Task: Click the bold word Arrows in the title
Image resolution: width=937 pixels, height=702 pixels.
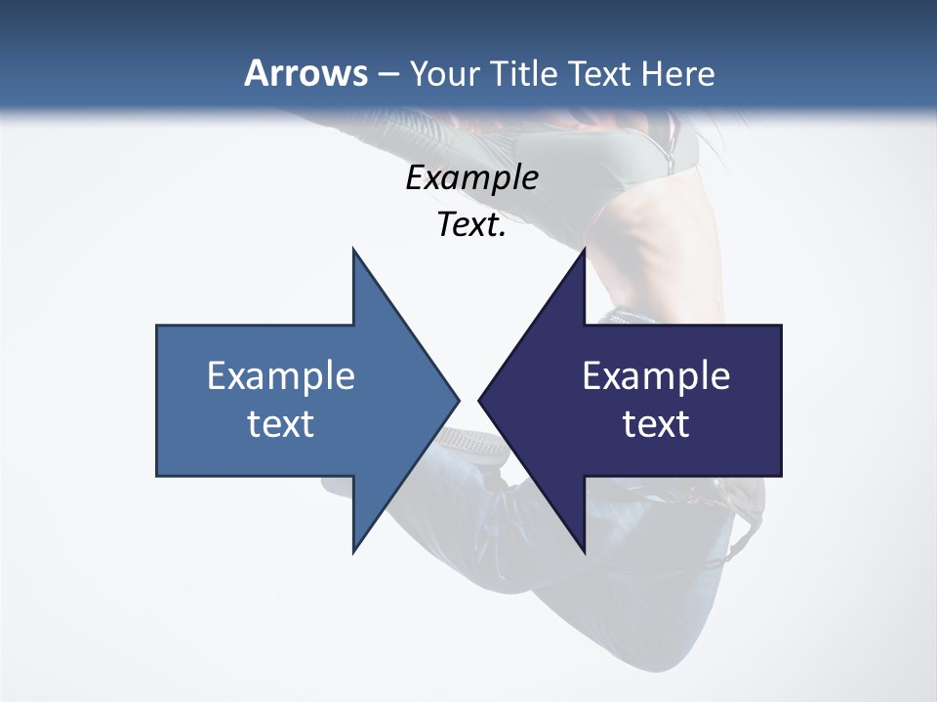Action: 306,73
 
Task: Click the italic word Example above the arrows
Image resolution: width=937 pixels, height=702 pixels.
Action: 471,177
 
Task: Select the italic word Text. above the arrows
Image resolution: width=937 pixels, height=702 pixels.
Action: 471,224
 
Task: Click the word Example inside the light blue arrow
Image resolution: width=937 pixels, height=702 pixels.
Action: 281,375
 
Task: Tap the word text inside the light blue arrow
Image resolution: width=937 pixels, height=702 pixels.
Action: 281,423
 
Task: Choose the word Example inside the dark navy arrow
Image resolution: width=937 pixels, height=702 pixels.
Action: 656,375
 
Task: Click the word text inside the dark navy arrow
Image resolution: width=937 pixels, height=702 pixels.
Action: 656,423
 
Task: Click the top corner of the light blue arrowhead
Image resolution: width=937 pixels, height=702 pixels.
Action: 353,250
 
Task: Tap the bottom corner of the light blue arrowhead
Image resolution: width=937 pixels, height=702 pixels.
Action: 353,552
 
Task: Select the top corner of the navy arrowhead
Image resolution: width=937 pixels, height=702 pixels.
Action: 585,250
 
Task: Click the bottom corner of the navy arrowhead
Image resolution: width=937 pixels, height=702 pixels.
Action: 585,552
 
